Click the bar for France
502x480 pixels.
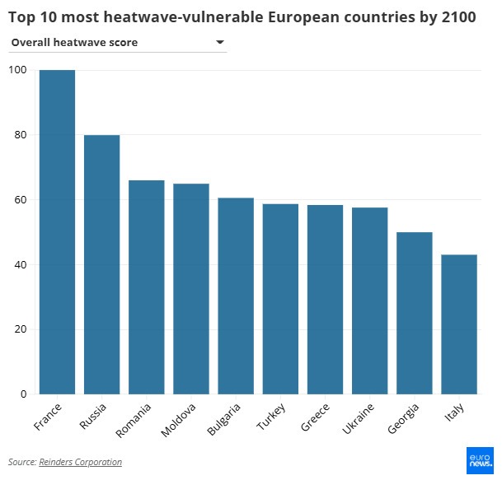coord(57,232)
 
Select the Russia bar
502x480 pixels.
coord(101,264)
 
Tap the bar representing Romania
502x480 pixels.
coord(146,287)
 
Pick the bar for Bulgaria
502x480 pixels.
coord(236,296)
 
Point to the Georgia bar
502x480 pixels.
coord(414,313)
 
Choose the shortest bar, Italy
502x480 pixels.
coord(458,324)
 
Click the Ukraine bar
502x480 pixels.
coord(369,301)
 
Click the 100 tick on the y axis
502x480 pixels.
coord(16,70)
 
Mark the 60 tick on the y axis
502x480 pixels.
coord(19,200)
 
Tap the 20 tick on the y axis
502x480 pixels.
coord(19,329)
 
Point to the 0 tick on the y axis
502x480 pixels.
coord(22,394)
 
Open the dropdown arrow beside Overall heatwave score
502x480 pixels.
coord(220,42)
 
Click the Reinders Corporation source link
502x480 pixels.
coord(80,462)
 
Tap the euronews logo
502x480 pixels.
coord(480,460)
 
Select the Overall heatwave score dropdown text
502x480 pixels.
coord(74,42)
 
